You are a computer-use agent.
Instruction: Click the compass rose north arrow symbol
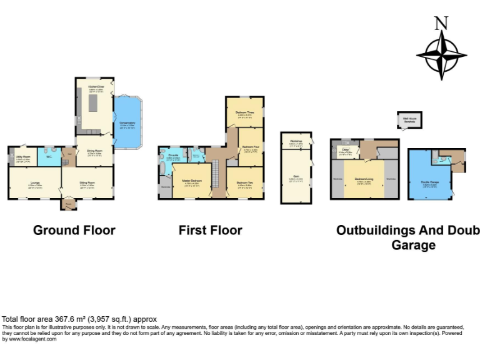[x=442, y=54]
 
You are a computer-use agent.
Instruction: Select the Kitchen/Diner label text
[x=96, y=87]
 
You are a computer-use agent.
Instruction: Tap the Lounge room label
[x=35, y=183]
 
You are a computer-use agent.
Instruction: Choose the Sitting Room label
[x=87, y=183]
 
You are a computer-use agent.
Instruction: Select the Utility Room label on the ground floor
[x=22, y=157]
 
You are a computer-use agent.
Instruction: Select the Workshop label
[x=296, y=141]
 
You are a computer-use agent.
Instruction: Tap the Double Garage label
[x=429, y=182]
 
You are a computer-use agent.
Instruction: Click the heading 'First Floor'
[x=210, y=231]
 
